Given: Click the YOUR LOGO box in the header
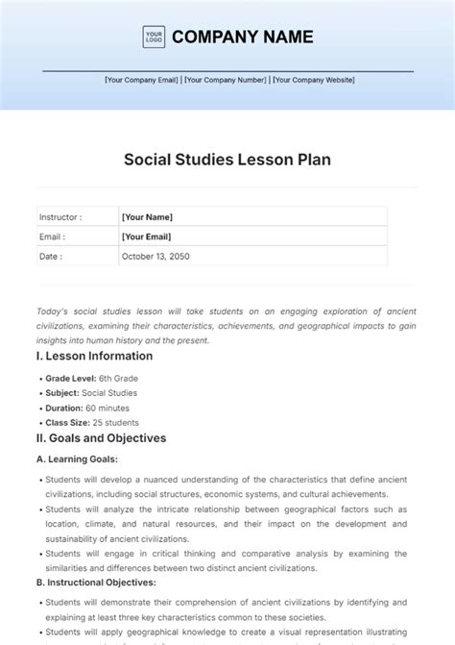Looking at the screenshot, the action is click(x=154, y=37).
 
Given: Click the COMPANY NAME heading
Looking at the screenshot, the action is click(x=243, y=37).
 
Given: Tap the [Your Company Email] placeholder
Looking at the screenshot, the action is click(x=142, y=81).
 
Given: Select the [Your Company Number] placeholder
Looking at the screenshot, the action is click(x=226, y=81).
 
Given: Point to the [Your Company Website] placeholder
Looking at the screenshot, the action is click(x=313, y=81).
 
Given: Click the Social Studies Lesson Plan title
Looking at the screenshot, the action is click(x=227, y=160).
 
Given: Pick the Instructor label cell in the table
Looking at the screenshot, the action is click(x=60, y=217).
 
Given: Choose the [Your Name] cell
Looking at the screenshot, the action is click(x=147, y=217).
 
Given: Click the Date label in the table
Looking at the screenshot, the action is click(x=51, y=257).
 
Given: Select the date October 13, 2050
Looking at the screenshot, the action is click(x=156, y=257).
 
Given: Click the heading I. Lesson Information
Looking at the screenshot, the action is click(x=94, y=356).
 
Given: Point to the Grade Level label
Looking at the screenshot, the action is click(x=70, y=379).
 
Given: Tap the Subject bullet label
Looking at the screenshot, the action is click(x=63, y=393).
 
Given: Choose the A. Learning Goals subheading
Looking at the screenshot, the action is click(x=77, y=459).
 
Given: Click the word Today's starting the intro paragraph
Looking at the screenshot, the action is click(x=52, y=312).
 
